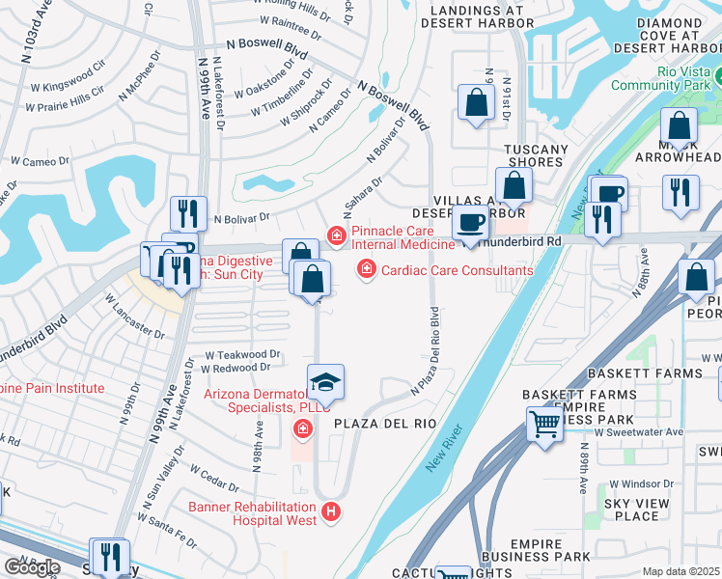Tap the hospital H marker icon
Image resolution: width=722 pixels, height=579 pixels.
click(332, 511)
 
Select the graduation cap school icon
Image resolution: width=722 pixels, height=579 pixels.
click(325, 382)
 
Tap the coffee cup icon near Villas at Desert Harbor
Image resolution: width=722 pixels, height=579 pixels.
click(470, 223)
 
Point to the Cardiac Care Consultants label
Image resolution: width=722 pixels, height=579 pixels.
click(458, 271)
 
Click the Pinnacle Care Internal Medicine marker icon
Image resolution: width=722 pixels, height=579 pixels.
click(336, 235)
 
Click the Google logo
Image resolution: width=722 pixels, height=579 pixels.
click(31, 566)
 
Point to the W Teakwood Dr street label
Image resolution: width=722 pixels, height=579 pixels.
click(241, 354)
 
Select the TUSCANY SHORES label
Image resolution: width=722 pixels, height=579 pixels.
click(537, 155)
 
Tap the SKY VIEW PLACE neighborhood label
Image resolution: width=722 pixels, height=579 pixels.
click(636, 510)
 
